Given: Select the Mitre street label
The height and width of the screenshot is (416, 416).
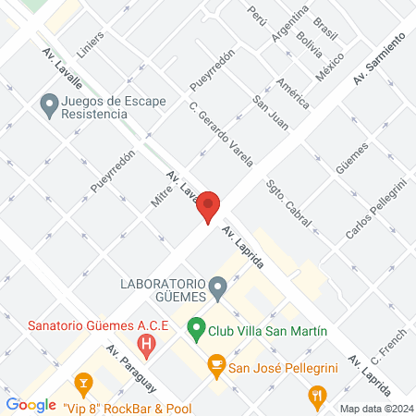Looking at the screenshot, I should click(159, 192).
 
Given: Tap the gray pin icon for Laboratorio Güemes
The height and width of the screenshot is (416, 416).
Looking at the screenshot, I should click(218, 289).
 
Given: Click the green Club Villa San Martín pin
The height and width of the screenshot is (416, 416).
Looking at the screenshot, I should click(195, 327).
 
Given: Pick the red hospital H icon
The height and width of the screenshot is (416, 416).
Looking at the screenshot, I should click(145, 346).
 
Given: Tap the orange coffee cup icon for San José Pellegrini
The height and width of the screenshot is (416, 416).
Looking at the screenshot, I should click(216, 367).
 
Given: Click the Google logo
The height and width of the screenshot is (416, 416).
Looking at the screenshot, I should click(31, 404).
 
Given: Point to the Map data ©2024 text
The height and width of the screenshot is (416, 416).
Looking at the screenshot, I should click(374, 409).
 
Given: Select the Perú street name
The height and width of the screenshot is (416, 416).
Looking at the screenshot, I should click(257, 14).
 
